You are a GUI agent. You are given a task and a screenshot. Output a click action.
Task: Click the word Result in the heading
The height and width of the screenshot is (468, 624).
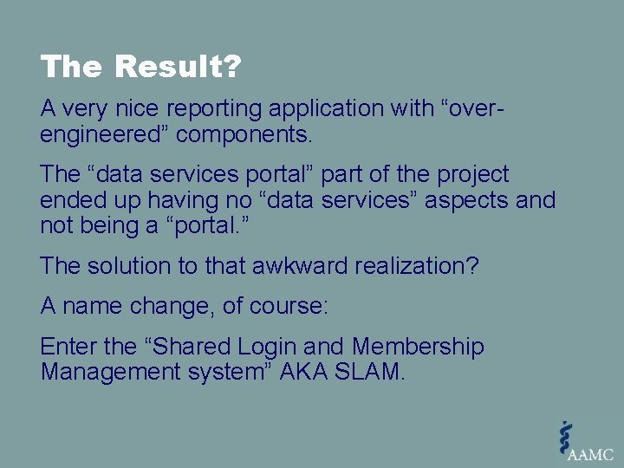(179, 67)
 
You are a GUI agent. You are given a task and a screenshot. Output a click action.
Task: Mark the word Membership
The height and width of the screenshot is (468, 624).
(418, 347)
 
